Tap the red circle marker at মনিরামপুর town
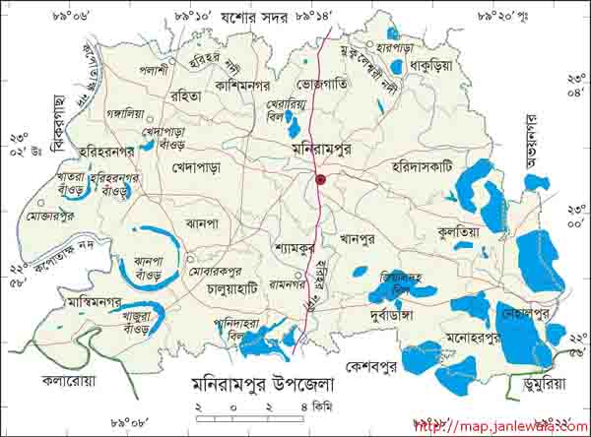321,179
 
